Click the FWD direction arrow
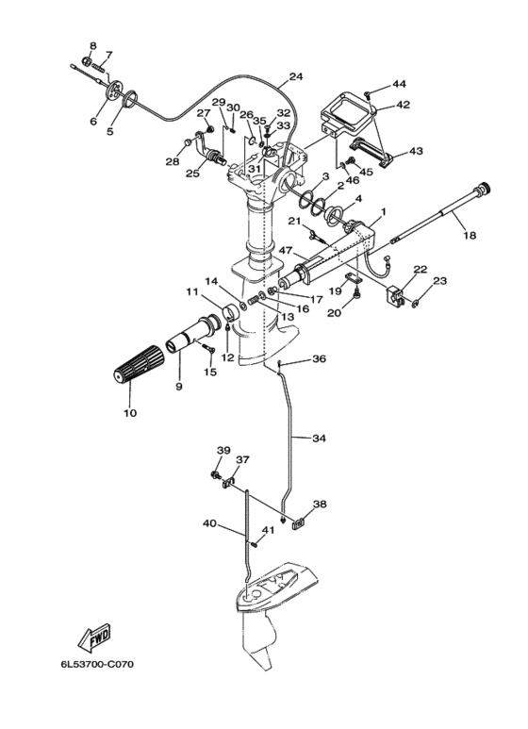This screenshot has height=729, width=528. pyautogui.click(x=94, y=638)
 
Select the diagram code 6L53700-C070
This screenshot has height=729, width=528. pyautogui.click(x=97, y=664)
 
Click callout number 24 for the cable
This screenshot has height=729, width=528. pyautogui.click(x=296, y=76)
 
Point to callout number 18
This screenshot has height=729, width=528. pyautogui.click(x=470, y=235)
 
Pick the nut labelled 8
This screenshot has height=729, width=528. pyautogui.click(x=86, y=60)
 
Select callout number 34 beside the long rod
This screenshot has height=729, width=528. pyautogui.click(x=319, y=438)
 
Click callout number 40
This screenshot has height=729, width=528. pyautogui.click(x=209, y=523)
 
